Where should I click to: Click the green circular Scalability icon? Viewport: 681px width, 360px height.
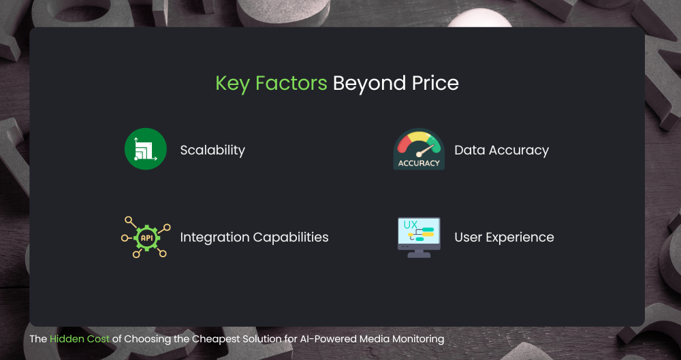(146, 149)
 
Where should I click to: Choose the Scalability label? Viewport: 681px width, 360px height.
(212, 150)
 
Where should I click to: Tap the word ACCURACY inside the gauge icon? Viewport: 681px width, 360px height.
(419, 163)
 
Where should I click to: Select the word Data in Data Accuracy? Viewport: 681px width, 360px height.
(469, 150)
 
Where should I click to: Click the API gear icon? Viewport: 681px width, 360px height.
(146, 237)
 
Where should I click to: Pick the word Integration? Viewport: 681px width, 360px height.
(215, 238)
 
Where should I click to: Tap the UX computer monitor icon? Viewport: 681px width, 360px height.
(419, 237)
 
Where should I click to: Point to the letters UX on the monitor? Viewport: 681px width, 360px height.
(411, 225)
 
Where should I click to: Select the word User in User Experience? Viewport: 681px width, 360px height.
(469, 238)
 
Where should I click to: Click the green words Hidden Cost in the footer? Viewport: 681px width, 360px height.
(80, 338)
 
